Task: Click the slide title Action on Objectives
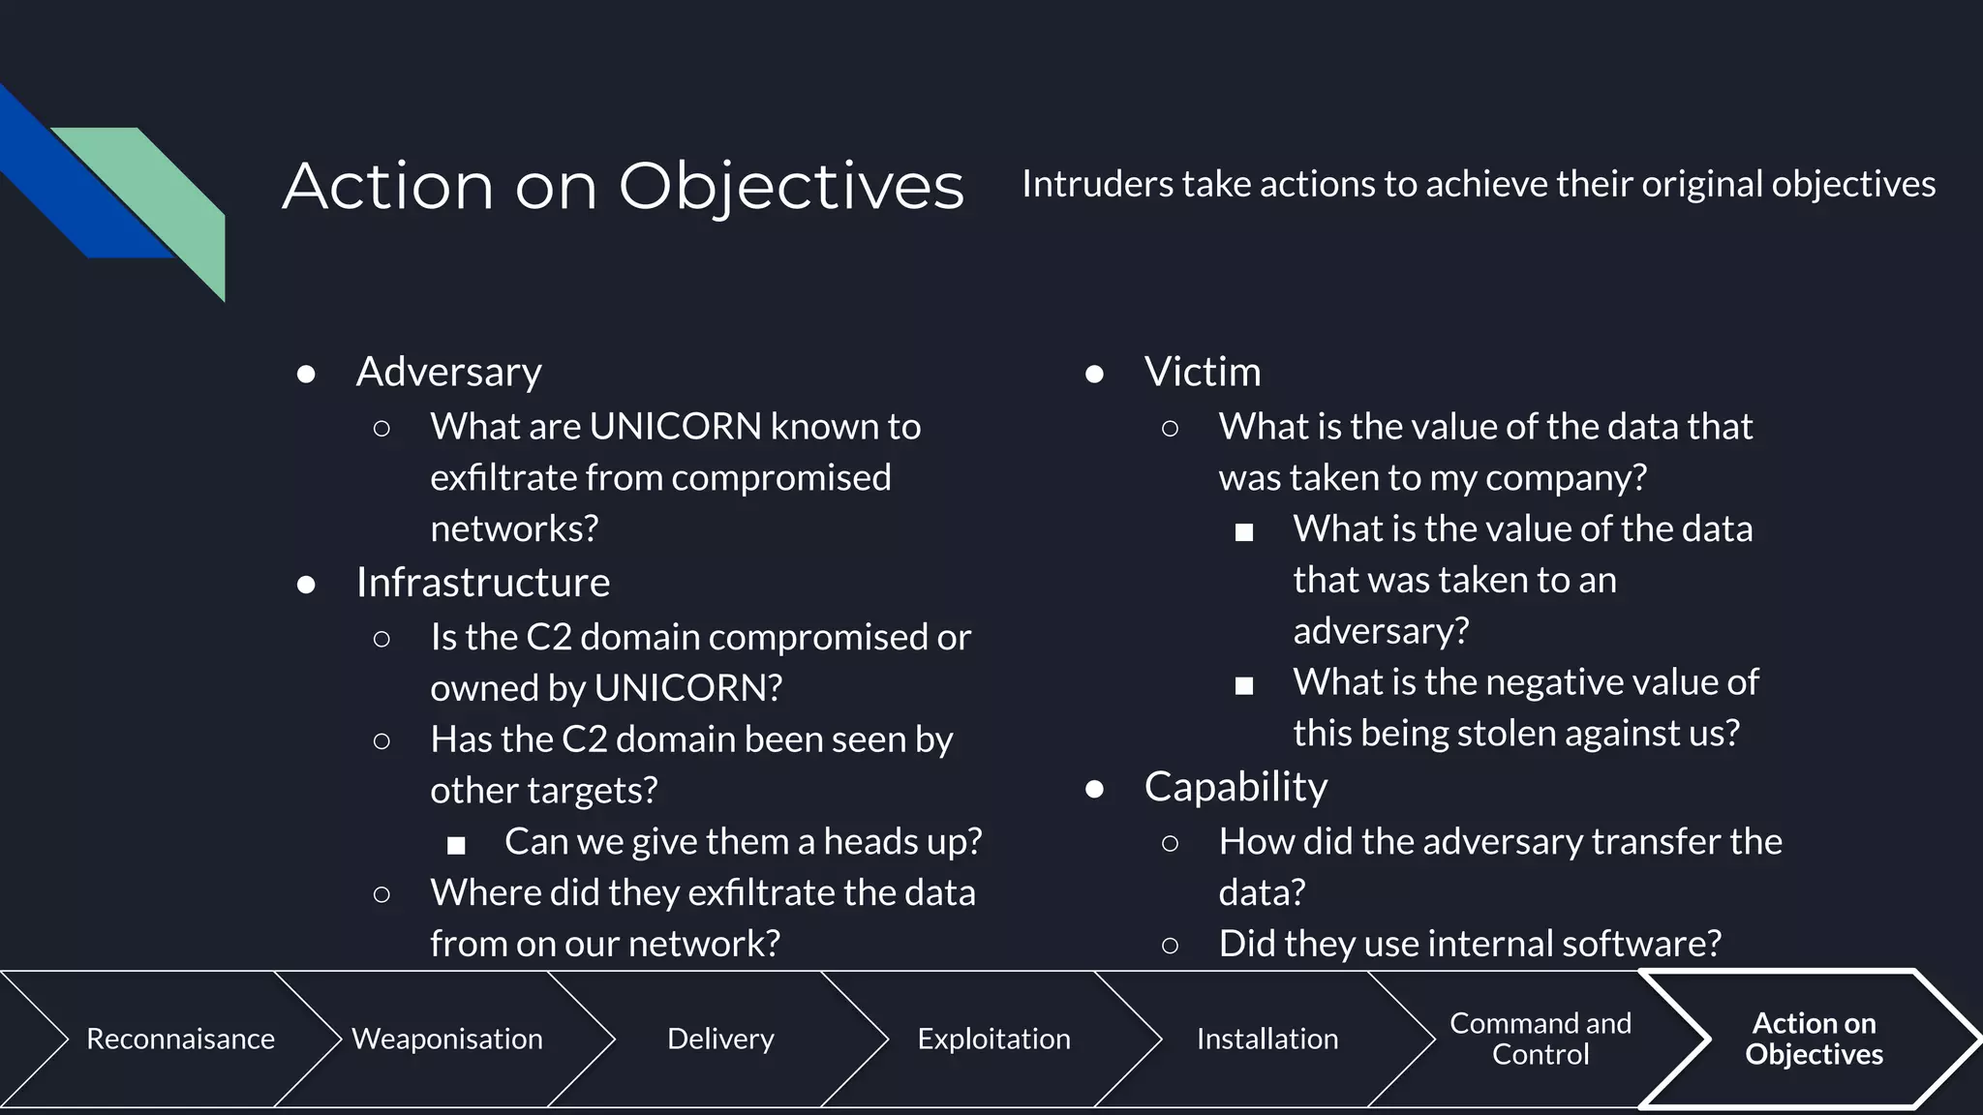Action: click(623, 186)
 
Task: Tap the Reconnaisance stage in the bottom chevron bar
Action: click(180, 1039)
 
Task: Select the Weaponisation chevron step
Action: click(446, 1039)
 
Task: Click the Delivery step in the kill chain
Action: click(720, 1039)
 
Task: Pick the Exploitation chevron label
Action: click(993, 1039)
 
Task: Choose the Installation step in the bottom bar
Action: click(1266, 1039)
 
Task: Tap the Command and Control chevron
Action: click(1540, 1039)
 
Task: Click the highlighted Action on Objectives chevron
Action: click(1814, 1039)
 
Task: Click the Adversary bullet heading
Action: click(448, 372)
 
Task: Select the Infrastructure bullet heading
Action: click(482, 583)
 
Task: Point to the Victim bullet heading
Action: click(1202, 372)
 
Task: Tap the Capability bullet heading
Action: click(1236, 787)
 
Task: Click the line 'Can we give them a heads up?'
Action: click(743, 841)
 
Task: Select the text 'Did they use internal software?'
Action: click(1469, 944)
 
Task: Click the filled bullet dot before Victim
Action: click(1094, 374)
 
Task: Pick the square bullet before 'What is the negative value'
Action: click(1244, 686)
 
